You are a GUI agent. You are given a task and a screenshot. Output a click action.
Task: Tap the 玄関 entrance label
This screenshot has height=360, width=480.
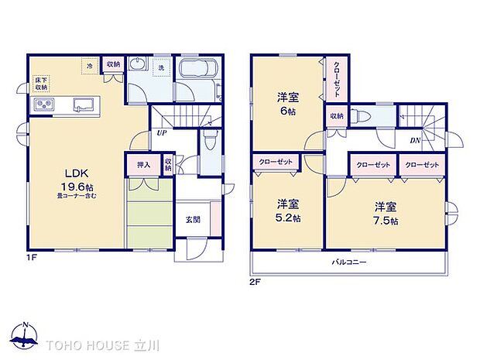pyautogui.click(x=193, y=219)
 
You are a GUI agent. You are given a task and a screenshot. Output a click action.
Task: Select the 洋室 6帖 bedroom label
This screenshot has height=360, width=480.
pyautogui.click(x=287, y=104)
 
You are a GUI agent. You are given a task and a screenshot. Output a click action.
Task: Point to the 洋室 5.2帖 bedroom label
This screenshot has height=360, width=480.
pyautogui.click(x=287, y=211)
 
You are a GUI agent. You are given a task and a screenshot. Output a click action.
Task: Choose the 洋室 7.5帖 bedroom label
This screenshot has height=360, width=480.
pyautogui.click(x=385, y=213)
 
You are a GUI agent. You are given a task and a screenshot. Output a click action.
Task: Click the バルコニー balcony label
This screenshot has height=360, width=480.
pyautogui.click(x=349, y=262)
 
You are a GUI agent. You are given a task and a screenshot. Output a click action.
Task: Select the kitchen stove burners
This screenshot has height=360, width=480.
pyautogui.click(x=42, y=105)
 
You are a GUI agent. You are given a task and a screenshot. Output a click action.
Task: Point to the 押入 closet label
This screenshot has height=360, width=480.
pyautogui.click(x=143, y=164)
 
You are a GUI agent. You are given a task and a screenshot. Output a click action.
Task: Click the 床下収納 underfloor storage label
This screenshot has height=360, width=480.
pyautogui.click(x=41, y=84)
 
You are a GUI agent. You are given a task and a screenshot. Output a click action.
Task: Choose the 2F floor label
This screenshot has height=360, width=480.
pyautogui.click(x=255, y=282)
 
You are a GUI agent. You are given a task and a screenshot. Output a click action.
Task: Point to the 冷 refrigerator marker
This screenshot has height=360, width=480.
pyautogui.click(x=90, y=67)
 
